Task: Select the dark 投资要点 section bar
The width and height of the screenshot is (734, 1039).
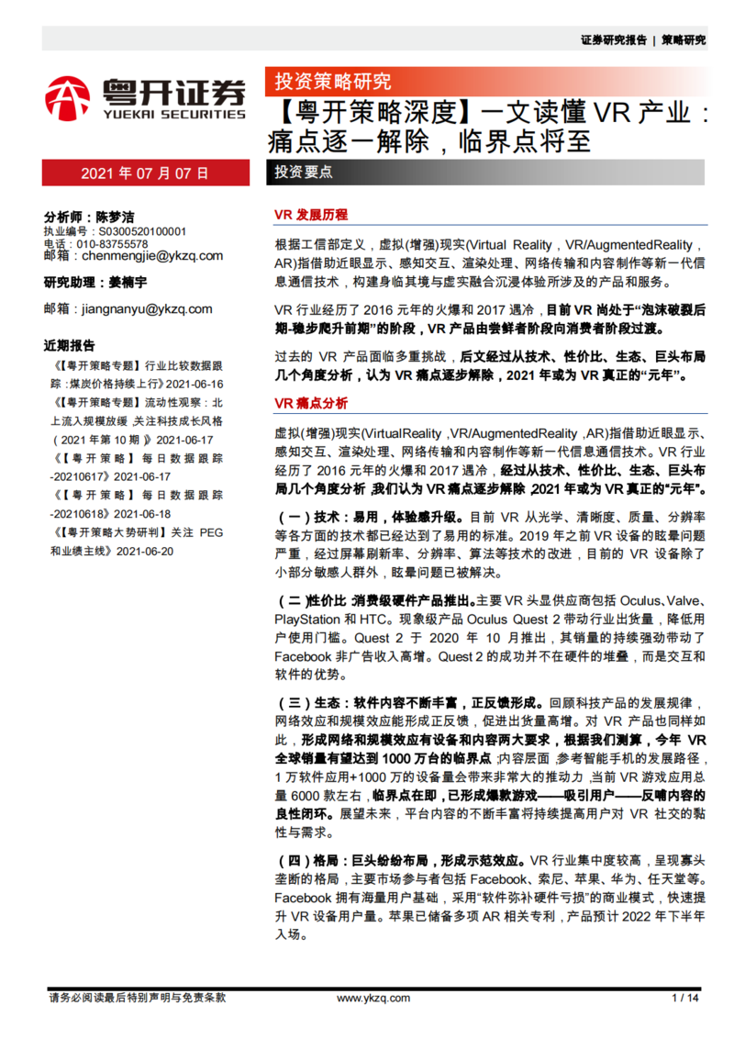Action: [304, 173]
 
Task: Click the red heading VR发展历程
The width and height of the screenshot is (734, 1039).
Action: [311, 215]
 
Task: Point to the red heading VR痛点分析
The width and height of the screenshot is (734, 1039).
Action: [311, 403]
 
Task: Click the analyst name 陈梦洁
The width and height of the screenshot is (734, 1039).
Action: [115, 218]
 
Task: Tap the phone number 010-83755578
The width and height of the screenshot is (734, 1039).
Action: [112, 244]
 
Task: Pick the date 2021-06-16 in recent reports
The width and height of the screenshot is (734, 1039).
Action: [192, 384]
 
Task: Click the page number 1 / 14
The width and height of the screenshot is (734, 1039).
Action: [685, 999]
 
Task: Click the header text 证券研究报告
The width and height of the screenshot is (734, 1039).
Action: [614, 40]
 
